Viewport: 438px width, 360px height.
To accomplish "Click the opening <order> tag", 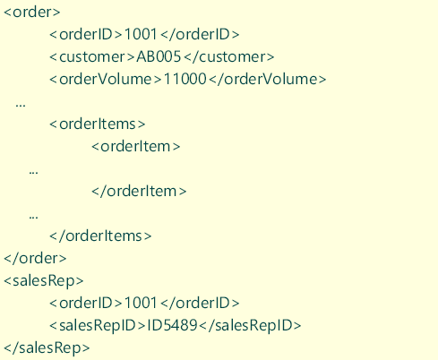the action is tap(32, 12).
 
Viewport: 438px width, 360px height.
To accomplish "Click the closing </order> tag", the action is tap(35, 258).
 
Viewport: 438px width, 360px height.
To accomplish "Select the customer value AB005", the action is tap(159, 56).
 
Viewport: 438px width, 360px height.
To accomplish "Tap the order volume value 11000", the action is tap(185, 79).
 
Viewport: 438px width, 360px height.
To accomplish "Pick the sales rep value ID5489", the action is tap(172, 325).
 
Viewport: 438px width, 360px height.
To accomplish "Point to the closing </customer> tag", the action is tap(229, 56).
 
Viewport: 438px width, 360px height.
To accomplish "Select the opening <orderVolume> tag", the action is tap(106, 79).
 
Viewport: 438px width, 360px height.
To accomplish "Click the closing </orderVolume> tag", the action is tap(268, 79).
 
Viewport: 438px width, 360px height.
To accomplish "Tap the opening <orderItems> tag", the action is tap(98, 124).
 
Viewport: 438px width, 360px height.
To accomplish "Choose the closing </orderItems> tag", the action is tap(100, 236).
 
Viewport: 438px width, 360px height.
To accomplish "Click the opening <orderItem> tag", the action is tap(136, 146).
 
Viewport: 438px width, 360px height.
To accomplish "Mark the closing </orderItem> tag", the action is tap(139, 191).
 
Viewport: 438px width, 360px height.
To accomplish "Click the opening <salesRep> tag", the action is tap(44, 281).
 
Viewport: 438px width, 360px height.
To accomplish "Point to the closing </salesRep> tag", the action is tap(47, 348).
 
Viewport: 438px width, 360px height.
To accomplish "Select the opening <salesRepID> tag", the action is tap(98, 326).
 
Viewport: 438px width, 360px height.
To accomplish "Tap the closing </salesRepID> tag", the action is tap(250, 326).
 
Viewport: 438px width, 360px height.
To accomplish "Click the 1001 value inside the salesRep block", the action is tap(141, 303).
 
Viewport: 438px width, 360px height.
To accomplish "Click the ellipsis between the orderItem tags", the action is tap(33, 172).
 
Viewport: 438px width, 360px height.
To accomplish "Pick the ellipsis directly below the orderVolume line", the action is tap(21, 105).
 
